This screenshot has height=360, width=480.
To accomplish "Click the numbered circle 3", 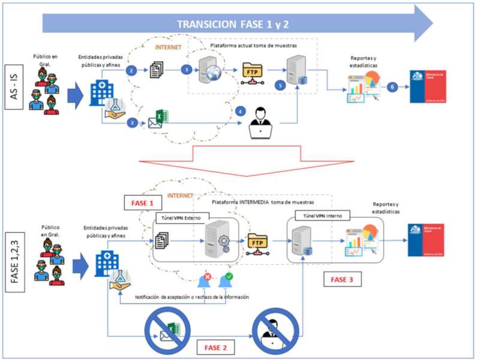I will click(187, 70).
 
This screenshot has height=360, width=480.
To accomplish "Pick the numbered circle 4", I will click(241, 111).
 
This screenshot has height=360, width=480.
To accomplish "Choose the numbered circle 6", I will click(392, 88).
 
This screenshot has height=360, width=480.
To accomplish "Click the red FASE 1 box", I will click(143, 203).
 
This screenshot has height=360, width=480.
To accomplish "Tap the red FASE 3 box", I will click(343, 279).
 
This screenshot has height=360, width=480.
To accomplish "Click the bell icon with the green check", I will click(227, 279).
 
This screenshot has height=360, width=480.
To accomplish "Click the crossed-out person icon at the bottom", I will click(272, 332).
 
